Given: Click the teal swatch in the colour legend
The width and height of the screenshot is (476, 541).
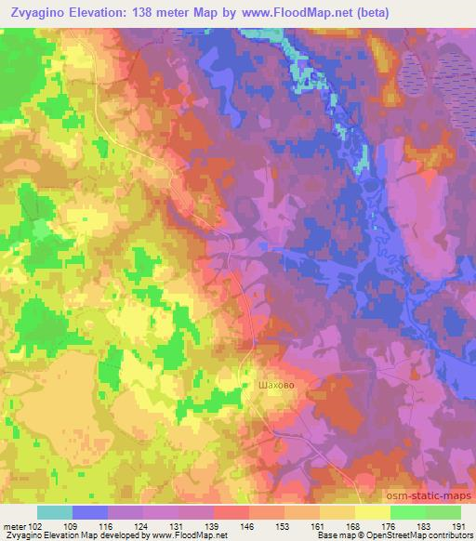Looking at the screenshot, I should click(x=55, y=512).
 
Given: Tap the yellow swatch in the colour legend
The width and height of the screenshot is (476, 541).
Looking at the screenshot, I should click(x=372, y=512).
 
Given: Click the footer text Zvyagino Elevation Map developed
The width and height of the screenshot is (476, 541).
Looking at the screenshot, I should click(x=56, y=534).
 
